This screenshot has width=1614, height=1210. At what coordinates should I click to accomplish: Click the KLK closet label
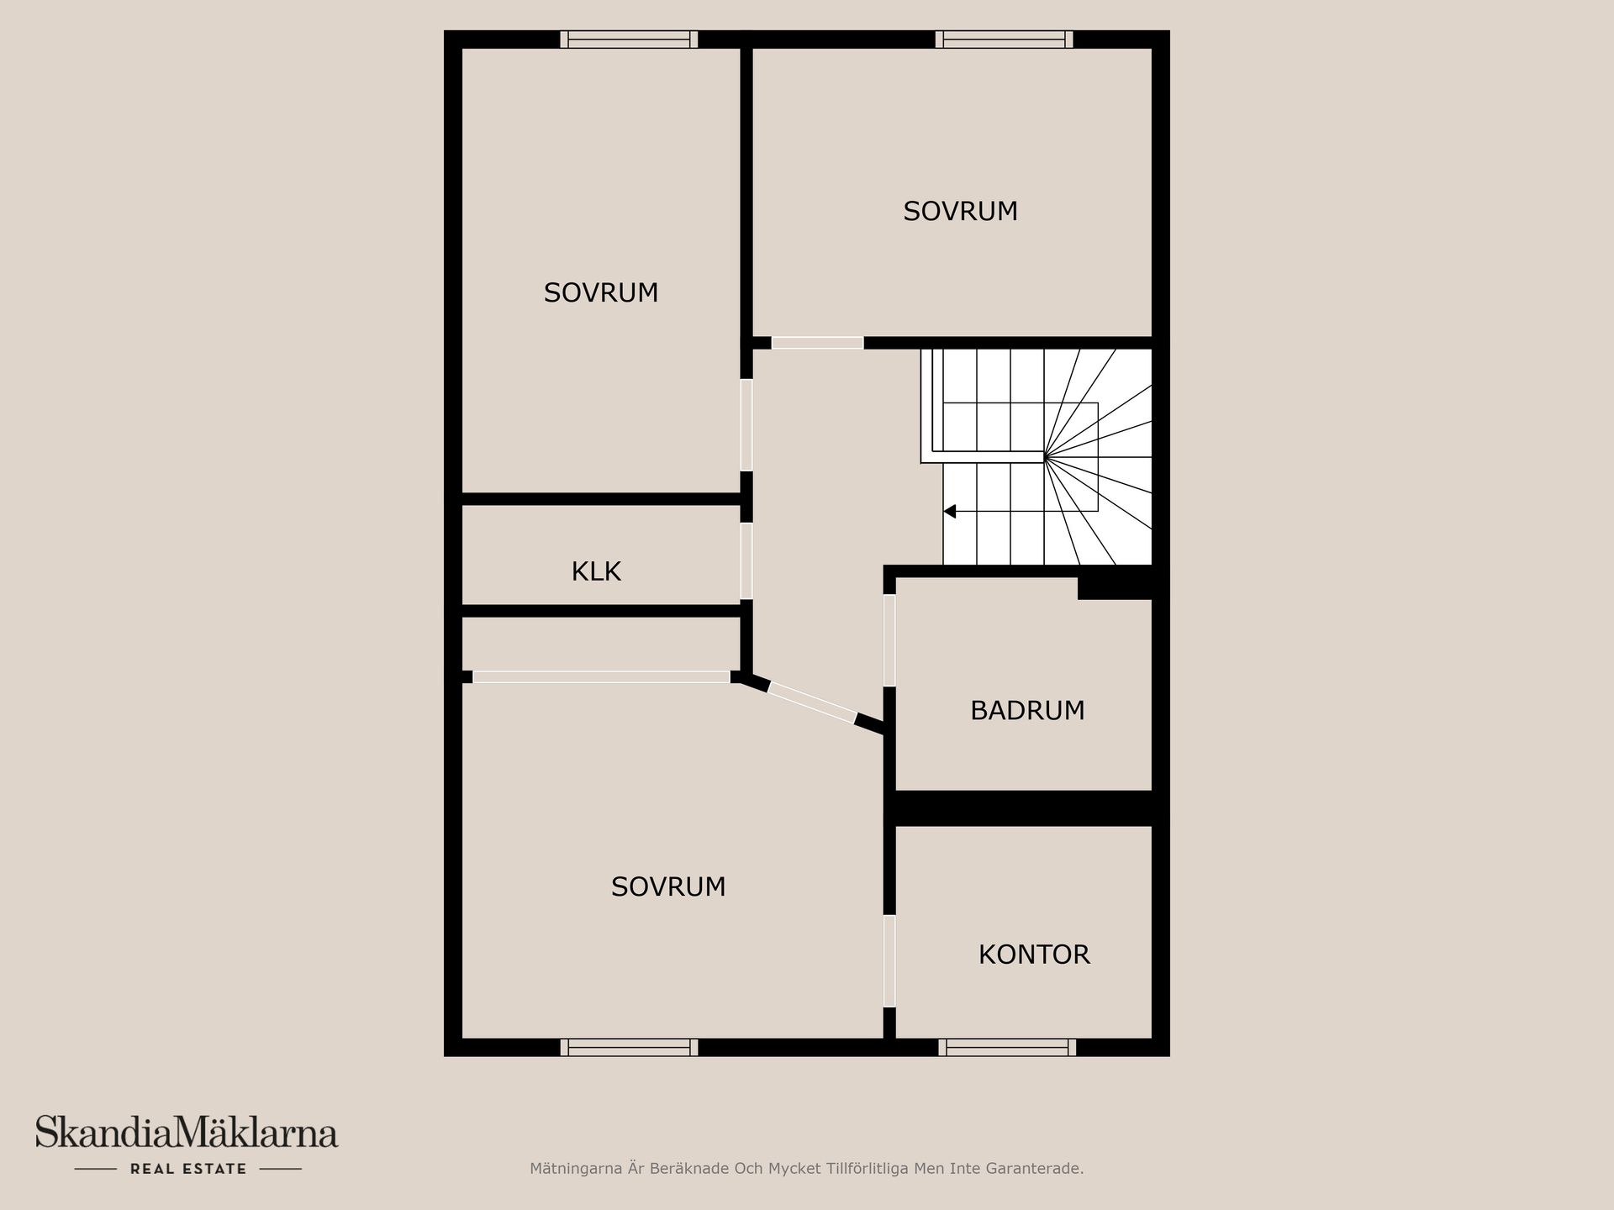(596, 571)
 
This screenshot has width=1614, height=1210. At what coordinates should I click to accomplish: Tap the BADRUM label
(1027, 711)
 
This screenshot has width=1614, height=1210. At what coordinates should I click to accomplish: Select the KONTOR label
(1034, 955)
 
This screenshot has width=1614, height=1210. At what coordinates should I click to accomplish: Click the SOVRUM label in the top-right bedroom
(960, 211)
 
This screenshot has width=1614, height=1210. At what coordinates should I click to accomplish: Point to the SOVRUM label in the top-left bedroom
(601, 292)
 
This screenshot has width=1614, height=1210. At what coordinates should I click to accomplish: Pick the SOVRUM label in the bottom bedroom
(668, 886)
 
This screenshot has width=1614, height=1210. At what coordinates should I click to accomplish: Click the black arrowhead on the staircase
(950, 511)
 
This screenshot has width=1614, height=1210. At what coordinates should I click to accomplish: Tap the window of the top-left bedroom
(629, 39)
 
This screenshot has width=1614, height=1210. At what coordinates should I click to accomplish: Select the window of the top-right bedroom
(1004, 39)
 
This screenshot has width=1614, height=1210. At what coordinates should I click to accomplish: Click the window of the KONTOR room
(1007, 1047)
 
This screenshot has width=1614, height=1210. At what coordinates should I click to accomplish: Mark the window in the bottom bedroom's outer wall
(629, 1047)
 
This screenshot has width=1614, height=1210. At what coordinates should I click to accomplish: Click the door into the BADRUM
(889, 640)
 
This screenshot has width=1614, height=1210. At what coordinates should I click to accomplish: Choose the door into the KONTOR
(889, 960)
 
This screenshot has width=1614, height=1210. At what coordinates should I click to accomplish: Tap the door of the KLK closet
(746, 560)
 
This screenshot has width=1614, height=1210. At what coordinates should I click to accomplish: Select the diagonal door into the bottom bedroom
(812, 702)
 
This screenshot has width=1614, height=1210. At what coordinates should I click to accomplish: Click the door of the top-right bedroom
(817, 343)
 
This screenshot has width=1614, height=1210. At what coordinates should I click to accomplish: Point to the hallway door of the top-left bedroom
(746, 425)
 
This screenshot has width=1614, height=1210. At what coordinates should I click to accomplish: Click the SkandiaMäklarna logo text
(187, 1133)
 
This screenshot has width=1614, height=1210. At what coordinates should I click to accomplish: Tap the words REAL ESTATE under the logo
(188, 1169)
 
